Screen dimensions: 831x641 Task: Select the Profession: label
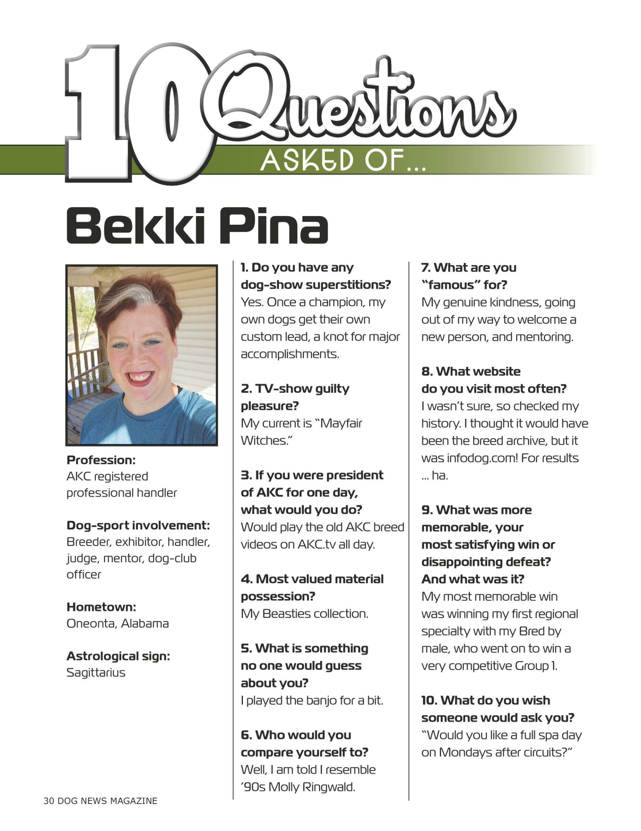101,460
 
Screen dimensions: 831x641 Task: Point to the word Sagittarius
96,672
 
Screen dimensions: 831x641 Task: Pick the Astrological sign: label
118,656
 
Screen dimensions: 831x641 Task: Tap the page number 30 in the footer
49,801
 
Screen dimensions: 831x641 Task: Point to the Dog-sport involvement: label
138,526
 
